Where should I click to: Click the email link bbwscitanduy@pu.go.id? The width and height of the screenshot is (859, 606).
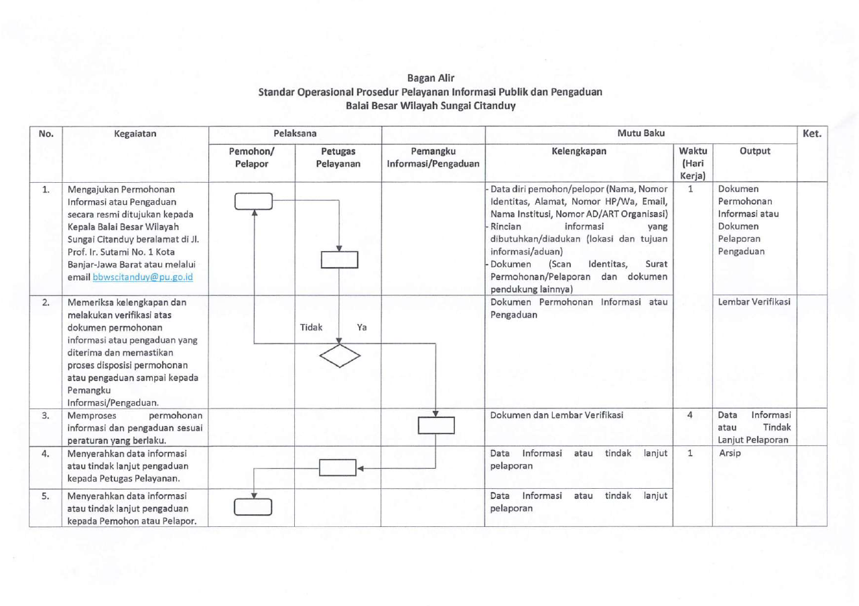143,277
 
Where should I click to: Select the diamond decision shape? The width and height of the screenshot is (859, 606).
340,356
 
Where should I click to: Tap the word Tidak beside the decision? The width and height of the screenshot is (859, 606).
311,327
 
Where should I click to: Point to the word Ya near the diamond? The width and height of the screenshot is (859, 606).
362,327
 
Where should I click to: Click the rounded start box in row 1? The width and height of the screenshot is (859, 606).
253,202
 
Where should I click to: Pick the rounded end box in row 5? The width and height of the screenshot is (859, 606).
253,507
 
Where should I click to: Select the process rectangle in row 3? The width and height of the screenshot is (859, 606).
436,425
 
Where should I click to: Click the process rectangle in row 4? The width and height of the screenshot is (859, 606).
338,467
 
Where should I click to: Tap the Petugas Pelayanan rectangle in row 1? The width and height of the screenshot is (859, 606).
340,260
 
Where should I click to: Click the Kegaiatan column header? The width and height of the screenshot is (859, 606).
135,134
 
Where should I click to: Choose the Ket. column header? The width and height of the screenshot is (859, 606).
812,134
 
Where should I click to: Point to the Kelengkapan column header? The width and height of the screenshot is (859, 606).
579,151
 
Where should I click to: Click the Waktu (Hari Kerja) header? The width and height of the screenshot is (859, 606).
693,163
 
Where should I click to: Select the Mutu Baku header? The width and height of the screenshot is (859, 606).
641,133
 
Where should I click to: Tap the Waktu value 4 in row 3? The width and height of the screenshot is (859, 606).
690,414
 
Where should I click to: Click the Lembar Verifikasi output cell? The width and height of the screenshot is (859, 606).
754,302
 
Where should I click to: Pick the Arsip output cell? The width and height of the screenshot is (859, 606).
730,453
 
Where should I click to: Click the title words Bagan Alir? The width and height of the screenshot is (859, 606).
431,78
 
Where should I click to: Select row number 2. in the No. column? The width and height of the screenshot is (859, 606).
46,303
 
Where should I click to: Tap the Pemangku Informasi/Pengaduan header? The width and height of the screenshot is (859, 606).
433,157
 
